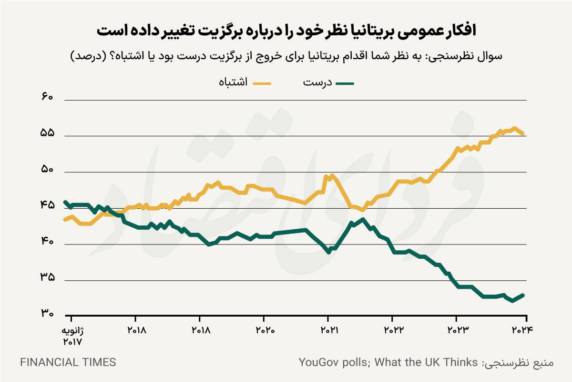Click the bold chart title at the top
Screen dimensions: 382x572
point(286,31)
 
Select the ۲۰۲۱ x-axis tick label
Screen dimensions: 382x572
point(328,330)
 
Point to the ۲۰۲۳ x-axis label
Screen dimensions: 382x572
point(457,330)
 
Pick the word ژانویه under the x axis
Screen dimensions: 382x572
point(73,331)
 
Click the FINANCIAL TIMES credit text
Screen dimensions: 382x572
point(68,362)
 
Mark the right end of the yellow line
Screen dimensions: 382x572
point(523,134)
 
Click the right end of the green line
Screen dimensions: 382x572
point(523,295)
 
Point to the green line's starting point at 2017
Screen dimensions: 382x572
point(65,202)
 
